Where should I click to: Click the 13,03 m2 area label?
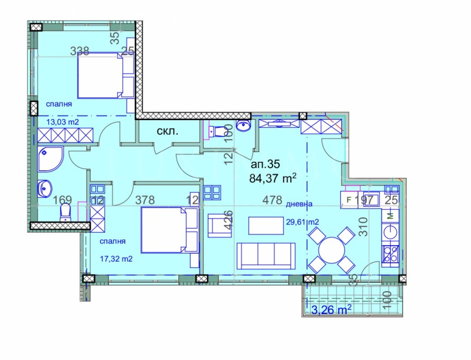pos(63,123)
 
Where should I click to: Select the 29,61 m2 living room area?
pos(302,222)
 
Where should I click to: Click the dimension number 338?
pos(79,51)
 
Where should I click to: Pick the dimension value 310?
pos(363,226)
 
